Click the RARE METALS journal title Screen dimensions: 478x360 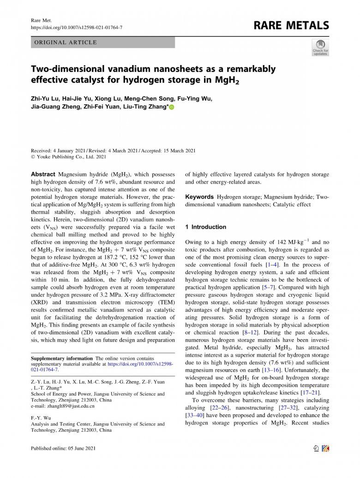[x=291, y=25]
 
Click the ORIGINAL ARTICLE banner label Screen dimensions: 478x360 [x=65, y=42]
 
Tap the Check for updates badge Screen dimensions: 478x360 [x=320, y=48]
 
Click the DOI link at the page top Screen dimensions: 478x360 [x=76, y=28]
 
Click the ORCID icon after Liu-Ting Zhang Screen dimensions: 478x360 [x=172, y=108]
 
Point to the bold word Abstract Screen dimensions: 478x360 [x=43, y=174]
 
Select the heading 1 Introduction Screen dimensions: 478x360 [x=205, y=227]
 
